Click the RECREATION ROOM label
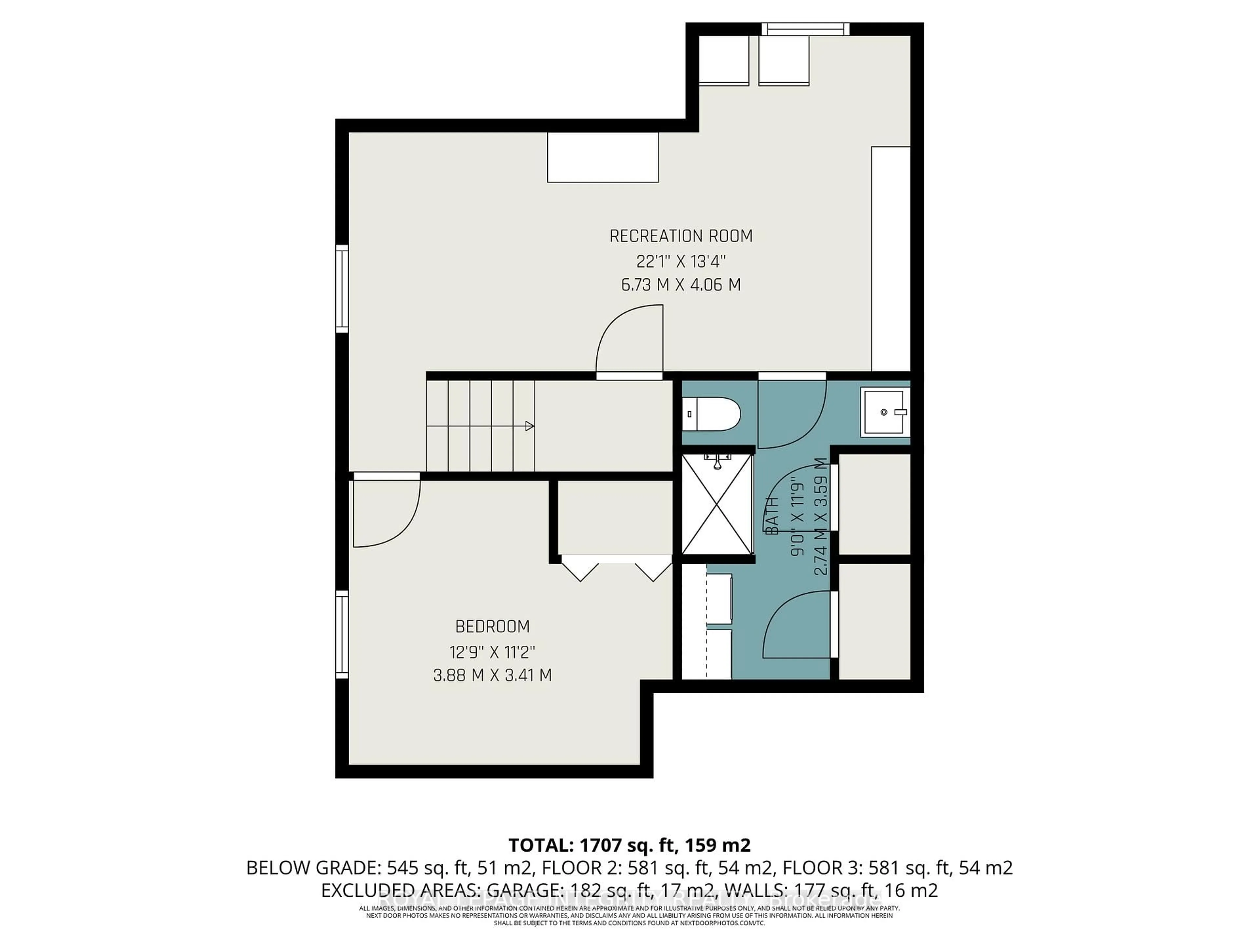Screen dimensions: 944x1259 coord(681,236)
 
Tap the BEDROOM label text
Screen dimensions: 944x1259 coord(492,626)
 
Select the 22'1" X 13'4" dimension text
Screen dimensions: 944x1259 coord(681,262)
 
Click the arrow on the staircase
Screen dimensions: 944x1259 coord(529,426)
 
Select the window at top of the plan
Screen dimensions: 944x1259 coord(805,29)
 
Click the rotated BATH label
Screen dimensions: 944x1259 coord(772,515)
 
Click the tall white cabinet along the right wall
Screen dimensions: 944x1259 coord(891,259)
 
